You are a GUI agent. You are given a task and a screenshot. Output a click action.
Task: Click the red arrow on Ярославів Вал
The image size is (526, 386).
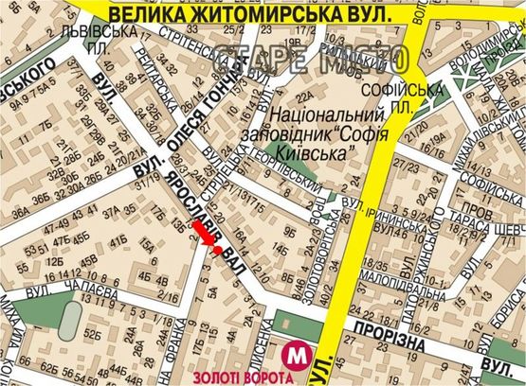(203, 236)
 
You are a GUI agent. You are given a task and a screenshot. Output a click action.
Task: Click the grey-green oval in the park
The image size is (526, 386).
(68, 322)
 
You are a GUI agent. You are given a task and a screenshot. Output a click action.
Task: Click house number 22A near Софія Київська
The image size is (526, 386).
(303, 96)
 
